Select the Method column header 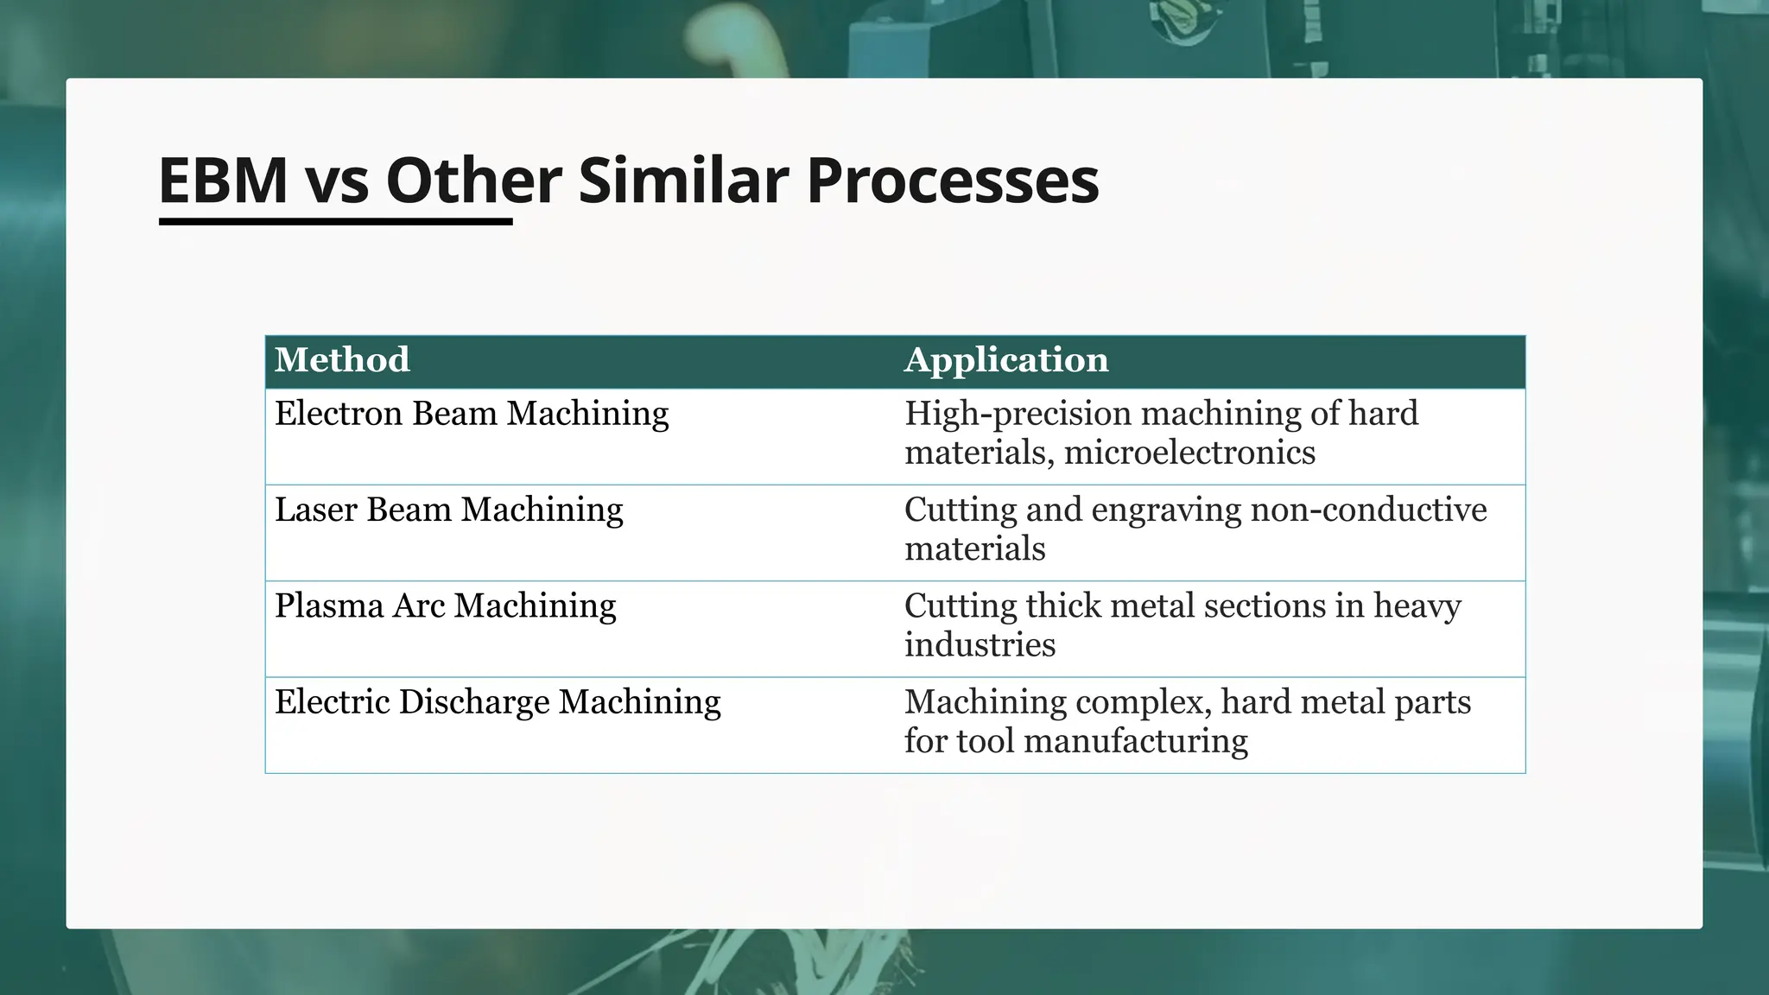342,360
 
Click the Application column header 1006,360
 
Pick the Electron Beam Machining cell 472,414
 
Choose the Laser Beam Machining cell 448,510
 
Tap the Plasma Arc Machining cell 445,605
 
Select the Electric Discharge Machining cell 498,702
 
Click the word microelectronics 1189,453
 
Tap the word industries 980,645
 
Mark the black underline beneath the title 335,222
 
